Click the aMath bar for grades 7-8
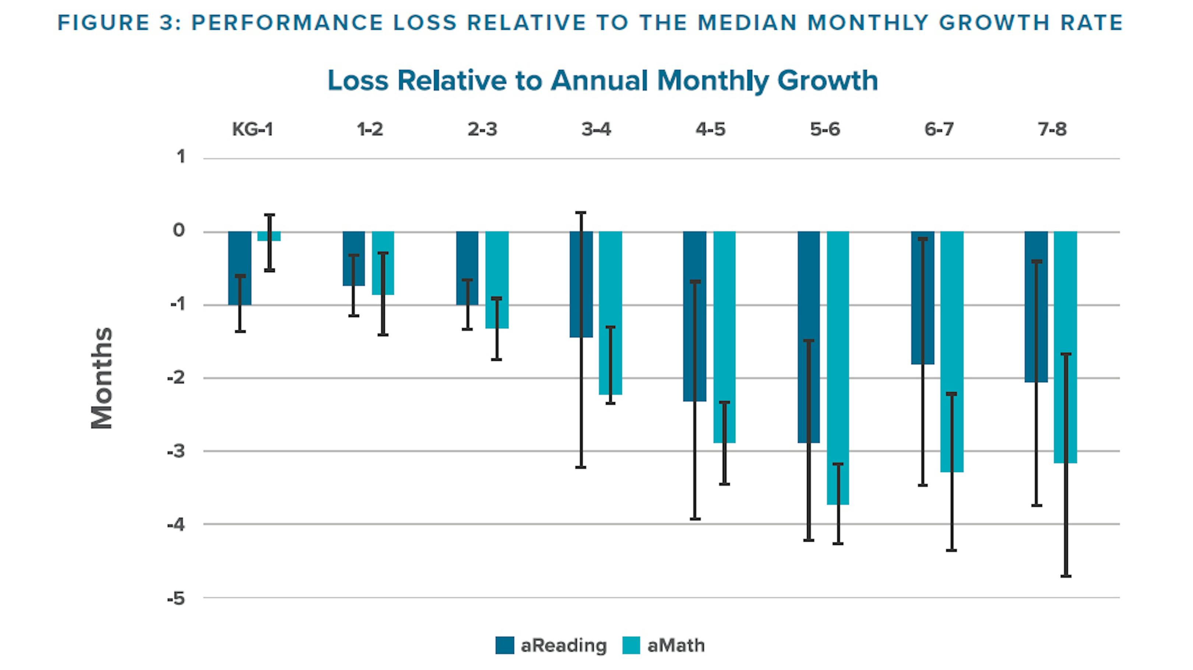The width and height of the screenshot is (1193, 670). [x=1065, y=347]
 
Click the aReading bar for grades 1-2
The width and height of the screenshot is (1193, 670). [x=353, y=259]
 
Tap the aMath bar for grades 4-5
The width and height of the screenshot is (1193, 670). [x=724, y=337]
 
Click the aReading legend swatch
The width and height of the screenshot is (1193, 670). [x=504, y=645]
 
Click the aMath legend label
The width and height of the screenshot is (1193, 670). [x=676, y=645]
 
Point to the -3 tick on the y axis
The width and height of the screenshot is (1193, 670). [x=176, y=451]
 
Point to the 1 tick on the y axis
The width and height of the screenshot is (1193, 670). [x=181, y=157]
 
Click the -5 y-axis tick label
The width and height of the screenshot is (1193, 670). [x=176, y=599]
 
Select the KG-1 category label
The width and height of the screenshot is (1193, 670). [x=252, y=130]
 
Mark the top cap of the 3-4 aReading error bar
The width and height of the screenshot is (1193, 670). [x=581, y=213]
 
